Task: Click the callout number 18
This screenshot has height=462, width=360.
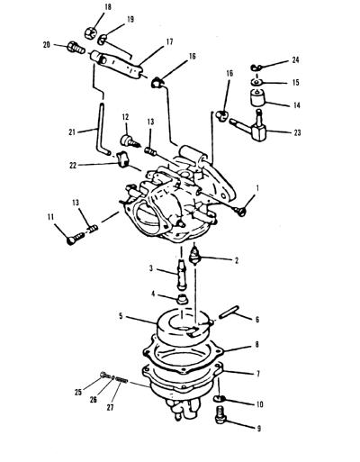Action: (x=107, y=7)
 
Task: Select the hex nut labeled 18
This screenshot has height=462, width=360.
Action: (x=90, y=32)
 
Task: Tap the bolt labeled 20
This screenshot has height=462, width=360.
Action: (x=76, y=48)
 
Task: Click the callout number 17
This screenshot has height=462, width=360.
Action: (x=169, y=41)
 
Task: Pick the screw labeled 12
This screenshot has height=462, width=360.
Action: (x=130, y=140)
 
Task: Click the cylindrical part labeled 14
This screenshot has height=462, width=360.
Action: (x=257, y=98)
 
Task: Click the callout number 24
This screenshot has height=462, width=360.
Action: (x=295, y=60)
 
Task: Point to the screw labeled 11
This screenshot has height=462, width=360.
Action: (x=76, y=239)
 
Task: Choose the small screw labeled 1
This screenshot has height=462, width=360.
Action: (x=240, y=211)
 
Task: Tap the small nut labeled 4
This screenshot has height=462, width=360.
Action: (x=181, y=299)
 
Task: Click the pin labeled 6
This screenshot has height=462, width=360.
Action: (x=229, y=312)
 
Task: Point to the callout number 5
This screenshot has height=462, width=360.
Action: (x=121, y=316)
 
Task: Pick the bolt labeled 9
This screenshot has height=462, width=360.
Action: (x=220, y=414)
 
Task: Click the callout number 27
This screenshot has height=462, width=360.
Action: (x=111, y=408)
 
